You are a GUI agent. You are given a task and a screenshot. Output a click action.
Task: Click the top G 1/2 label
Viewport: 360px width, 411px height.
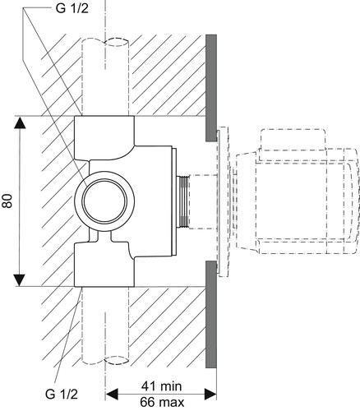[72, 8]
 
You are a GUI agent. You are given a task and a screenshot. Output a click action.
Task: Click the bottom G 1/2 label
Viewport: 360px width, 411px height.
[62, 395]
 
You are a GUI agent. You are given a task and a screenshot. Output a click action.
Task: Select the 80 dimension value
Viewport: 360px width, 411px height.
[8, 201]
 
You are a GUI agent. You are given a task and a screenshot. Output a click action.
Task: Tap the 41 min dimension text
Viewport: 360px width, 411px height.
[161, 386]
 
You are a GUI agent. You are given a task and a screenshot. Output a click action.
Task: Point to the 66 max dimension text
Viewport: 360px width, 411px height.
[162, 403]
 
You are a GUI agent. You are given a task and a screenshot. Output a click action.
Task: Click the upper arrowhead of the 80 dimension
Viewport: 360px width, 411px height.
[20, 122]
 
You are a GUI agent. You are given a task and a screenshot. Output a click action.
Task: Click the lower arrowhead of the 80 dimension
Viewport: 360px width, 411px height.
[20, 279]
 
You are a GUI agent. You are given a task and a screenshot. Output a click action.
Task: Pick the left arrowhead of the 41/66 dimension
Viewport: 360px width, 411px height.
[112, 395]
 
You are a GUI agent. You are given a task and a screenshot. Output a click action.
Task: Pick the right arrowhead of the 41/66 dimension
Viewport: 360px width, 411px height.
[210, 395]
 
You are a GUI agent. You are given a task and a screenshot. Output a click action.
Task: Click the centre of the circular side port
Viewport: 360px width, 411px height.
[105, 201]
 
